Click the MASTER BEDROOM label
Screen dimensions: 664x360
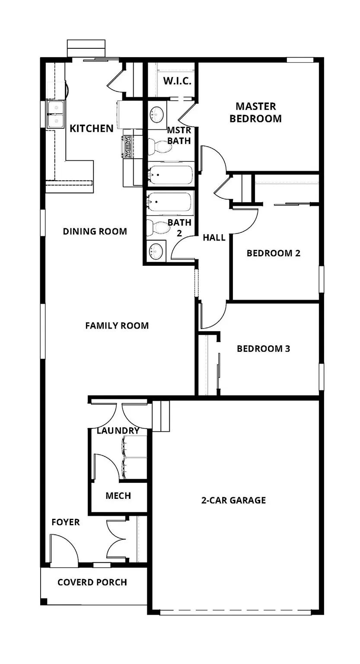(255, 112)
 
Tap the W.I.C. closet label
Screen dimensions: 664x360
(177, 81)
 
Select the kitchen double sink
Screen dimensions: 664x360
(56, 114)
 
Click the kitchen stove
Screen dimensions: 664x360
(128, 146)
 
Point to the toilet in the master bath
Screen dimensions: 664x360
(159, 146)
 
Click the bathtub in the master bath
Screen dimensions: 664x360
(169, 174)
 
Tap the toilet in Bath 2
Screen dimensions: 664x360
(156, 227)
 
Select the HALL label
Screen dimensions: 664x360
(214, 237)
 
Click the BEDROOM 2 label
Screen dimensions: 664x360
(273, 253)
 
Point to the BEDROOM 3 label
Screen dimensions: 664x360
(263, 348)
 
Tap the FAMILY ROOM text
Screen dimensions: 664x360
(117, 326)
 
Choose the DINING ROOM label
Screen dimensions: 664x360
(95, 231)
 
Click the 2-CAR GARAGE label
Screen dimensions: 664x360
(233, 500)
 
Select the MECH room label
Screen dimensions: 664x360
(118, 496)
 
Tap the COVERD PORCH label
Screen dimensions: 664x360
(92, 582)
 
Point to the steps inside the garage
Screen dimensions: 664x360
(161, 415)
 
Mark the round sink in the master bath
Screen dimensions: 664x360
(156, 114)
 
